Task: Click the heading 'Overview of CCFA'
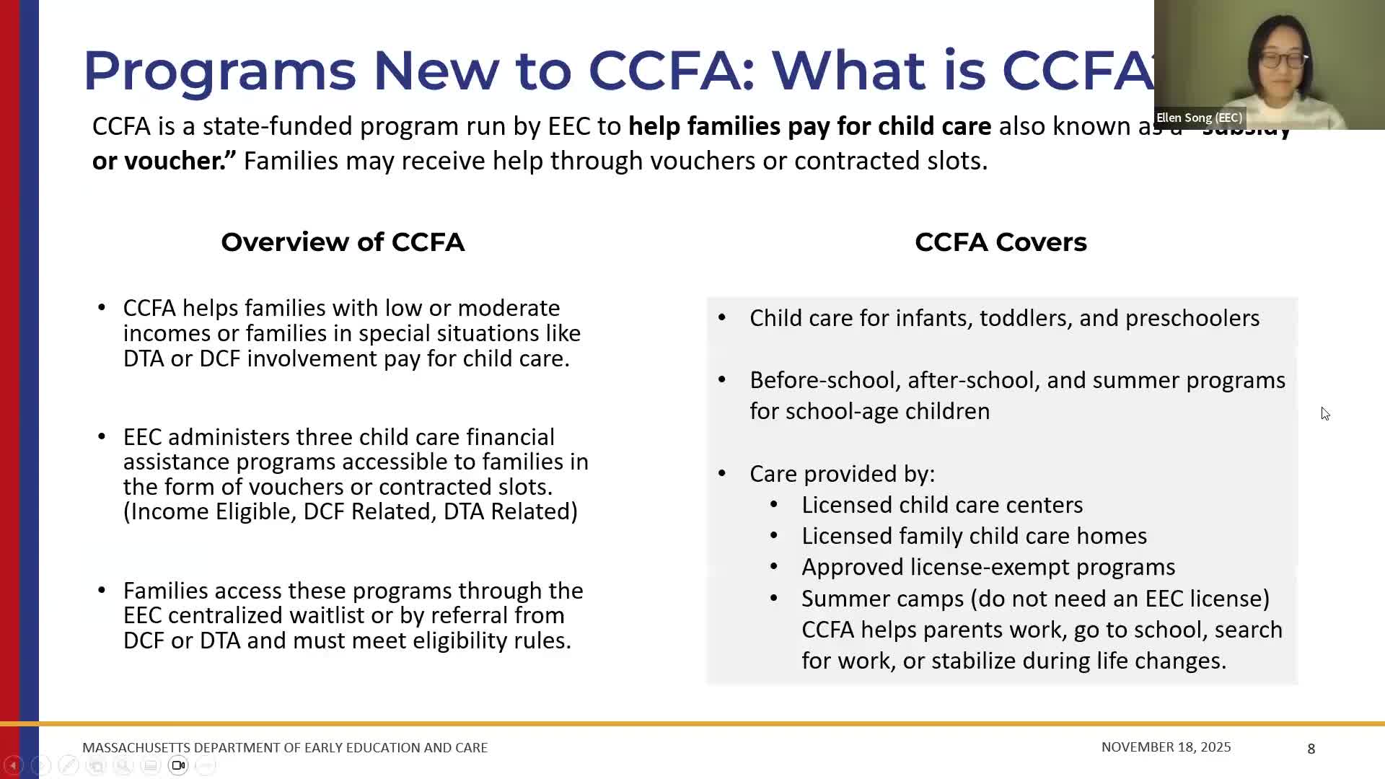pyautogui.click(x=343, y=242)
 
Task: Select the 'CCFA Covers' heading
pyautogui.click(x=1001, y=242)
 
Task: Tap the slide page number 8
pyautogui.click(x=1311, y=749)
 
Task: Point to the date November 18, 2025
pyautogui.click(x=1166, y=747)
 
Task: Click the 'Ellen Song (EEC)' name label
pyautogui.click(x=1199, y=118)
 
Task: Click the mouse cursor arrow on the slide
pyautogui.click(x=1325, y=413)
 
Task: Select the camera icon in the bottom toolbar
pyautogui.click(x=178, y=765)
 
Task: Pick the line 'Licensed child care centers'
pyautogui.click(x=942, y=505)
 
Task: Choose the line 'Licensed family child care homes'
pyautogui.click(x=974, y=536)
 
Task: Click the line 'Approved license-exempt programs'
pyautogui.click(x=988, y=567)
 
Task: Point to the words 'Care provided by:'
pyautogui.click(x=842, y=474)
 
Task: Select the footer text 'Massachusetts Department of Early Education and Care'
pyautogui.click(x=285, y=748)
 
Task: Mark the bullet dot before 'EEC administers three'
pyautogui.click(x=102, y=436)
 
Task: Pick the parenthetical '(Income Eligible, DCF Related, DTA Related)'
pyautogui.click(x=351, y=511)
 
